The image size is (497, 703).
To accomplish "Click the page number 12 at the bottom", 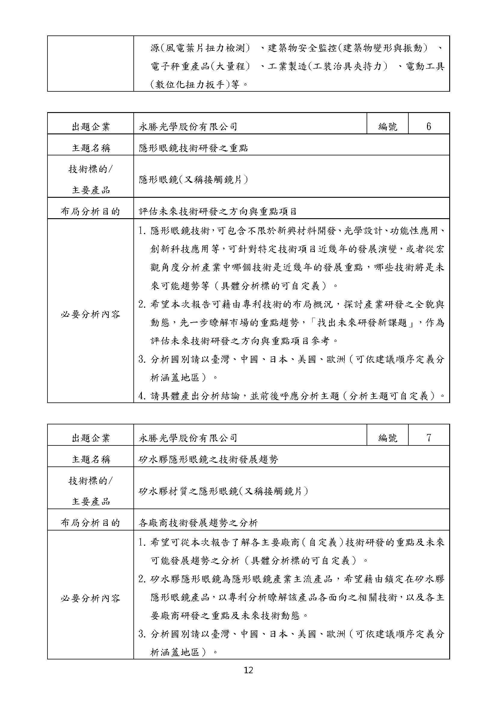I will [248, 671].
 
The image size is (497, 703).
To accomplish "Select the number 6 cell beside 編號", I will [428, 127].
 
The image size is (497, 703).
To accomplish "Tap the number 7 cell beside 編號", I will [428, 438].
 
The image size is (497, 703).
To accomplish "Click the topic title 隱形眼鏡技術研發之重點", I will [194, 148].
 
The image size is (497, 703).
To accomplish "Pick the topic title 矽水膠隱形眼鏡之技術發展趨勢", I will [209, 459].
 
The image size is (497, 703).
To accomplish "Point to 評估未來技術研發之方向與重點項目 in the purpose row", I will [218, 211].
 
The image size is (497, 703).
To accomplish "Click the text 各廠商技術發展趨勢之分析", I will [198, 523].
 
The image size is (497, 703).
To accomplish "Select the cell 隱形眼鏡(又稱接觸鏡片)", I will [194, 180].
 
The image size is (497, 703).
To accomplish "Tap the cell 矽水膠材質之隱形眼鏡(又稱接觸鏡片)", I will [223, 491].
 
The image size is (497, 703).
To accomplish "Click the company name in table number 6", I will [188, 127].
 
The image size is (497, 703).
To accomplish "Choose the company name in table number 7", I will [188, 438].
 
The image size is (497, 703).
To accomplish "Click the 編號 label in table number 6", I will [387, 127].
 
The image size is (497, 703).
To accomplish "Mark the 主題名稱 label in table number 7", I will [90, 459].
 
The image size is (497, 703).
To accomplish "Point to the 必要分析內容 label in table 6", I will [90, 314].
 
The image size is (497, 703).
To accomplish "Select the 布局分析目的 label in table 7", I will [90, 523].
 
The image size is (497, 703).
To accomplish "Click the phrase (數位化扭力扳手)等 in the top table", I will [195, 84].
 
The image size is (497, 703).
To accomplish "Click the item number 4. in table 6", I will [142, 396].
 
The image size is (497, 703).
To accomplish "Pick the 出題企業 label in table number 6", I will [90, 127].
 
